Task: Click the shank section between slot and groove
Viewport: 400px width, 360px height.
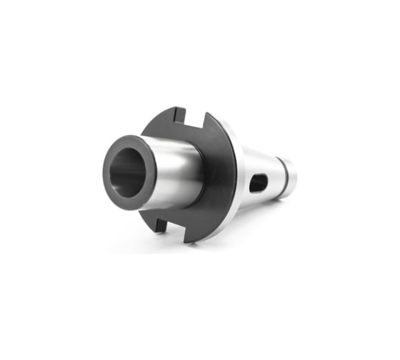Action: [273, 175]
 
